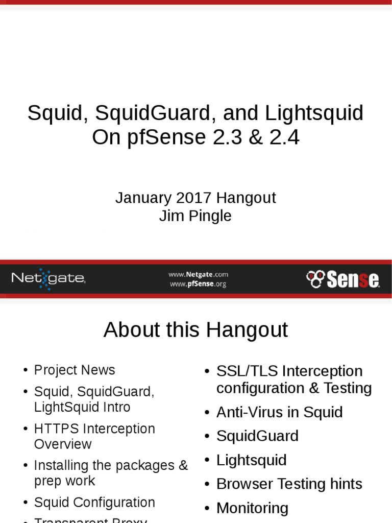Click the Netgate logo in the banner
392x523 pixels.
48,278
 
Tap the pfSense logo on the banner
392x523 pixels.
343,279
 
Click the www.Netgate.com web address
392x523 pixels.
198,274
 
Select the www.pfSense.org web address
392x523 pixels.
198,284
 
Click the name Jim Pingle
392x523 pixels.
195,216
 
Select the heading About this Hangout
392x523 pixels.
195,330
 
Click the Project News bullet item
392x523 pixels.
75,370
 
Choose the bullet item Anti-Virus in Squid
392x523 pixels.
279,412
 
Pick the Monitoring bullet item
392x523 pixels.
252,508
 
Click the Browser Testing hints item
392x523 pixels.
289,484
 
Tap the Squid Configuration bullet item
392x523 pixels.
94,502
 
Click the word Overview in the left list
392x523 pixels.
63,444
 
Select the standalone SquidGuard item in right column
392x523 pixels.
257,436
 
